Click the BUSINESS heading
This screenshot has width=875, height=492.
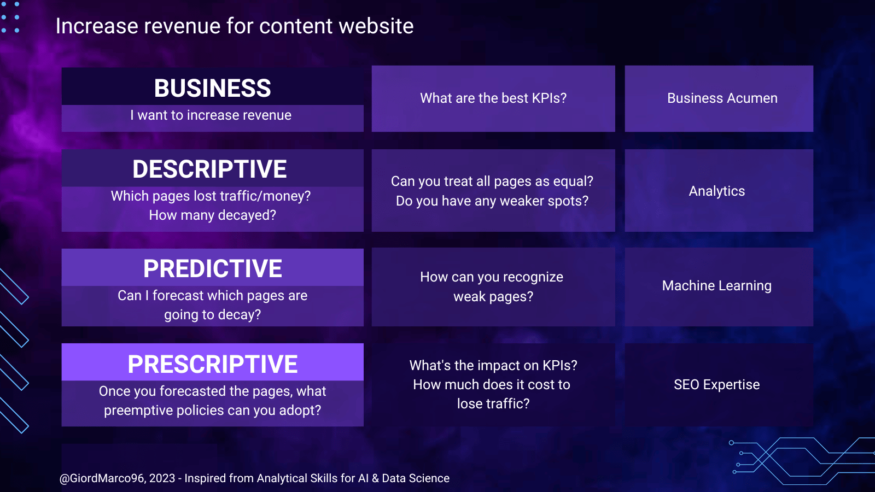click(x=212, y=88)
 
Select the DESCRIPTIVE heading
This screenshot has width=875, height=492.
click(x=209, y=169)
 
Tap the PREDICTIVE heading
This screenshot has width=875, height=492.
click(x=213, y=268)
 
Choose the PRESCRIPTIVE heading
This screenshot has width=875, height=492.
click(x=213, y=364)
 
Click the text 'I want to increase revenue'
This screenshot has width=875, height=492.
click(x=211, y=115)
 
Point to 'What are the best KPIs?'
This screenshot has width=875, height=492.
click(x=493, y=98)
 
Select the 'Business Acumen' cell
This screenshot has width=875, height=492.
click(x=722, y=98)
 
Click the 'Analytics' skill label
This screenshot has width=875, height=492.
click(x=717, y=191)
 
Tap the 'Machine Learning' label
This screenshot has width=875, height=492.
click(x=717, y=285)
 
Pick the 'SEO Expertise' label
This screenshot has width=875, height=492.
click(x=717, y=385)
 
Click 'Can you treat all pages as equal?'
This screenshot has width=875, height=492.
click(x=492, y=181)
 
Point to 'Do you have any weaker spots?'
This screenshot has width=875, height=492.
click(x=492, y=201)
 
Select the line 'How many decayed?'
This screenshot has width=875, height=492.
click(x=213, y=215)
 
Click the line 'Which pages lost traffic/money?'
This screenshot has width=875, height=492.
click(x=211, y=196)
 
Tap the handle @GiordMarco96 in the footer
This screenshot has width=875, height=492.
click(x=102, y=478)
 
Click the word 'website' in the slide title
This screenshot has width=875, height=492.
click(x=376, y=26)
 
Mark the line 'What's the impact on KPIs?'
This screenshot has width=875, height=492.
click(x=493, y=366)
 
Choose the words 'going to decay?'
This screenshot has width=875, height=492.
click(x=213, y=315)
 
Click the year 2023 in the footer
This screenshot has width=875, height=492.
click(x=162, y=478)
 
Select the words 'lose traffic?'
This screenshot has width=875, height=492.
click(x=493, y=404)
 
